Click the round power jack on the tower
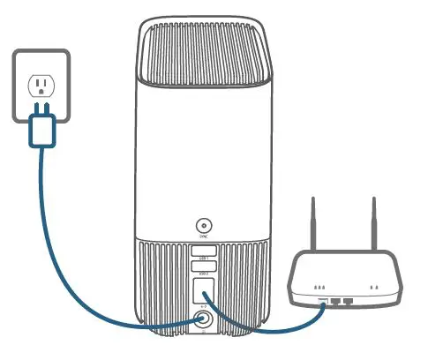205,319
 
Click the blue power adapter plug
41,131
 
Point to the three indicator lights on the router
321,288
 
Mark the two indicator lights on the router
377,288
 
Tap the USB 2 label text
205,265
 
